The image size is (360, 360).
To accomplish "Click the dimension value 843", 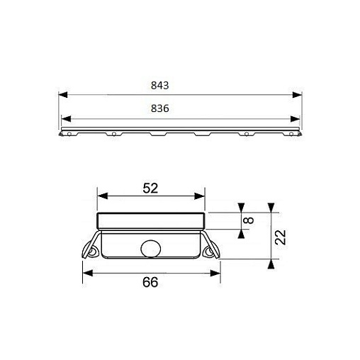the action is tap(160, 86).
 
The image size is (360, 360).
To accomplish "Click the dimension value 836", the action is tap(160, 108).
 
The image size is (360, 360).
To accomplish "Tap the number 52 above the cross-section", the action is tap(150, 189).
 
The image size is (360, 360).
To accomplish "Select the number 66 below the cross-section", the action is tap(150, 282).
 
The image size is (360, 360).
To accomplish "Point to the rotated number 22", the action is tap(281, 237).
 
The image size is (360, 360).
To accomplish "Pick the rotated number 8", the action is tap(249, 220).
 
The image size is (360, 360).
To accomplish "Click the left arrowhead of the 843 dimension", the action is tap(63, 95).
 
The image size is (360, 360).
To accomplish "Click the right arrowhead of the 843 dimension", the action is tap(298, 95).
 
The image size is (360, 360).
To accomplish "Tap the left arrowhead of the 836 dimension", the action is tap(66, 119).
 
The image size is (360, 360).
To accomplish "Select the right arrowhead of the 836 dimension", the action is tap(295, 119).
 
